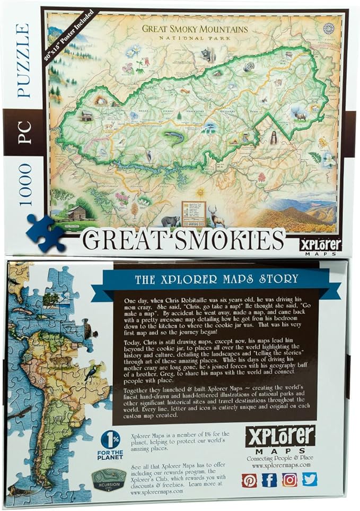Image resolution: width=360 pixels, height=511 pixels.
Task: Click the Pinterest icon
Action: click(249, 480)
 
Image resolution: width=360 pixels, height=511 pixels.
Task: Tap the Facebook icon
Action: click(269, 480)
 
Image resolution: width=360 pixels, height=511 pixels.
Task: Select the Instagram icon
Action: click(289, 480)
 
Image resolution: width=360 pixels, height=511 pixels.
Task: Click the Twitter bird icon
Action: click(310, 480)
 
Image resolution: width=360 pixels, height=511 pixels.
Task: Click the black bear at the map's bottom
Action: click(170, 220)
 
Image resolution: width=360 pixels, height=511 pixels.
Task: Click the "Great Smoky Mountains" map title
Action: click(187, 29)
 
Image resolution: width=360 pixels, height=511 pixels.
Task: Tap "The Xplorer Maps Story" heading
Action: click(217, 278)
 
